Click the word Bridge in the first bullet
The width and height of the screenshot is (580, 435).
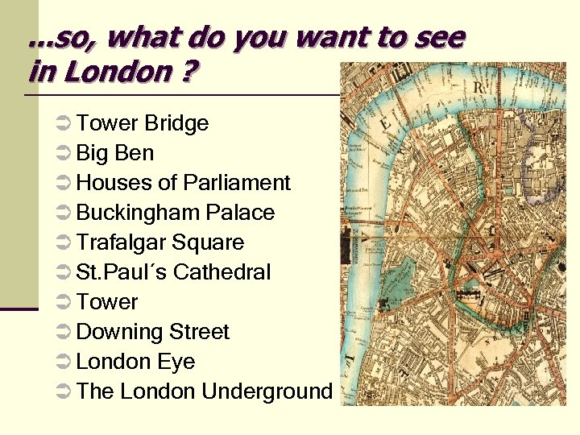click(176, 124)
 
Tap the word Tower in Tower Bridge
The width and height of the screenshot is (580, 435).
click(107, 124)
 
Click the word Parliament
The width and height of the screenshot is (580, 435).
click(237, 183)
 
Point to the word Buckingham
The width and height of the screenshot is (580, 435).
click(138, 213)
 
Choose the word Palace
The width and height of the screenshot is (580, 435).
click(240, 213)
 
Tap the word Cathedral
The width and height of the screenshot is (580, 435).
click(222, 272)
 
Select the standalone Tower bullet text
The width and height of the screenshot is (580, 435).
click(107, 302)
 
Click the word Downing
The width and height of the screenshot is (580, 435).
click(112, 333)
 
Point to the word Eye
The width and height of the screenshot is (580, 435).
click(176, 362)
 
